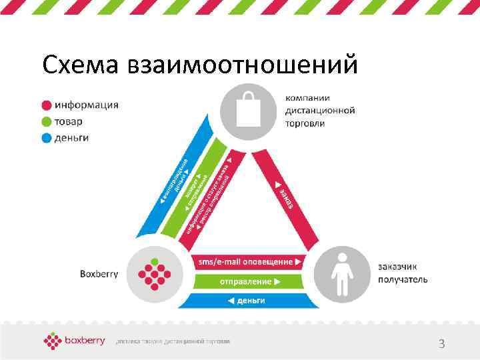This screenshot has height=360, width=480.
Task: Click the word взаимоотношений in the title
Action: click(x=247, y=65)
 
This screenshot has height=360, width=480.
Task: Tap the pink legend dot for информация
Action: click(x=46, y=105)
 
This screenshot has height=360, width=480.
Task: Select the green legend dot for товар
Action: click(x=46, y=121)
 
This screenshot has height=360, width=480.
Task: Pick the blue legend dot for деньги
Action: click(x=46, y=138)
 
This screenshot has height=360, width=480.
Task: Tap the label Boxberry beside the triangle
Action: click(x=99, y=273)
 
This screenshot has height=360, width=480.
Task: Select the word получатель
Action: click(x=403, y=279)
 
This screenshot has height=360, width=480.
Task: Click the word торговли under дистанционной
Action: click(x=305, y=123)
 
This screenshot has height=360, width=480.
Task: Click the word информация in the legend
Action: click(x=87, y=105)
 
